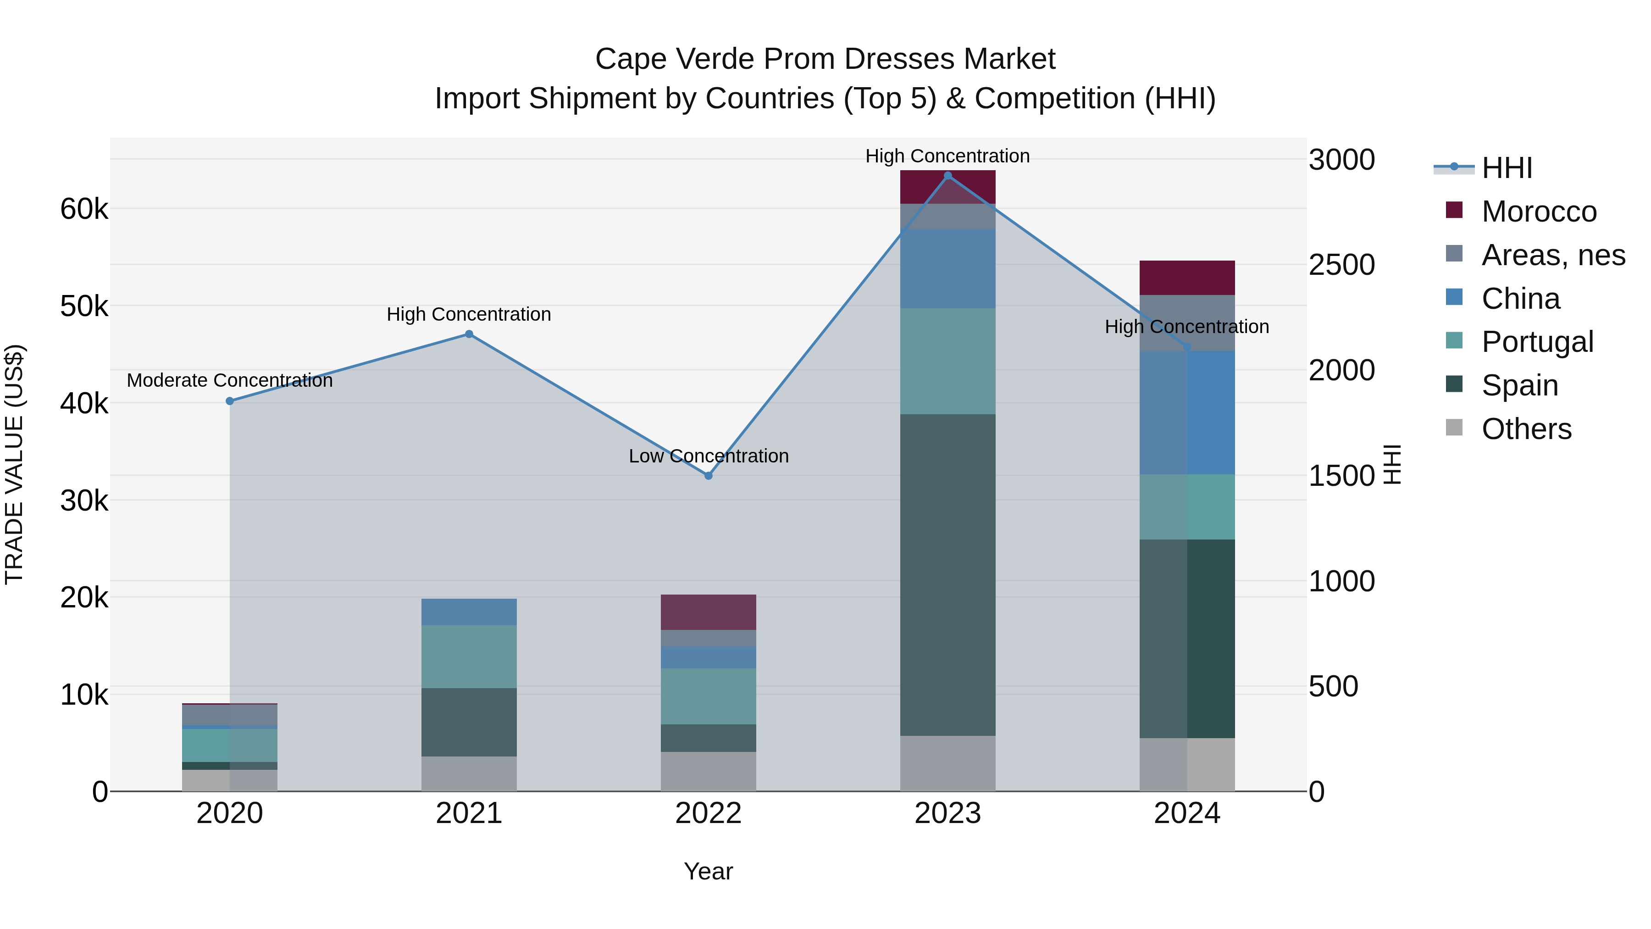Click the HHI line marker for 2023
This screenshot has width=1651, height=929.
947,176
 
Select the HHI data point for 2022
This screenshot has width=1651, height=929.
708,476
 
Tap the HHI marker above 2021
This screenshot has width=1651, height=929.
469,334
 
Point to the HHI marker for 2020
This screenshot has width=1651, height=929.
229,401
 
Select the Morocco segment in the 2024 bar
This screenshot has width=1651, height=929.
1186,278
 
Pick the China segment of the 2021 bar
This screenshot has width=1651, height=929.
469,612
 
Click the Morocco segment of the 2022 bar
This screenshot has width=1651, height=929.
708,612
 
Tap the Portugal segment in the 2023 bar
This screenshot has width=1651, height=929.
947,361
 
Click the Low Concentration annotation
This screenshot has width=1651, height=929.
708,456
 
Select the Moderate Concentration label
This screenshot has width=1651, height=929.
229,380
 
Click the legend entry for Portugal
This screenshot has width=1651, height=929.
1536,342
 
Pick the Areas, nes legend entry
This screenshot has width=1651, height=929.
1552,255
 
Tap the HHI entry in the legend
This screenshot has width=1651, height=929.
1506,168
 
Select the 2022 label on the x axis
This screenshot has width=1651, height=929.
708,813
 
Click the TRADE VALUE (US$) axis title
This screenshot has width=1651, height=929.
14,464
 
